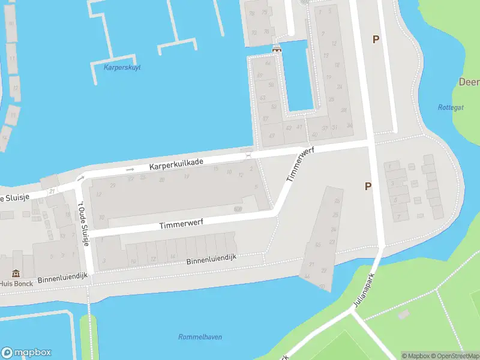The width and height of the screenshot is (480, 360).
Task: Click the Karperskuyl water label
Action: coord(122,67)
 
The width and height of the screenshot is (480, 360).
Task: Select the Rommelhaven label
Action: coord(200,337)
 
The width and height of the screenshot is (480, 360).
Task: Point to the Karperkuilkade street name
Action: coord(176,163)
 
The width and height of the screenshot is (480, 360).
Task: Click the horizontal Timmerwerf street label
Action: coord(181,223)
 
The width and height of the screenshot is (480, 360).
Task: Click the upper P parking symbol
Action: coord(376,40)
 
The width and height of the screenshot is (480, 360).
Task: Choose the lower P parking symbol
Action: coord(368,186)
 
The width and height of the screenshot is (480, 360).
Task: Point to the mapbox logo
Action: coord(26,353)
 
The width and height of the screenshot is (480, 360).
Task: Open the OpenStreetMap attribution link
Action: coord(454,356)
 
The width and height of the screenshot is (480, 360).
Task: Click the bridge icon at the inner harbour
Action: coord(277,49)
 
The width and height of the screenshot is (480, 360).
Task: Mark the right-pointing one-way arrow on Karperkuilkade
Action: coord(130,169)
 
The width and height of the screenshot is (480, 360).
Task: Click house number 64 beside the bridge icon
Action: coord(268,62)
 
